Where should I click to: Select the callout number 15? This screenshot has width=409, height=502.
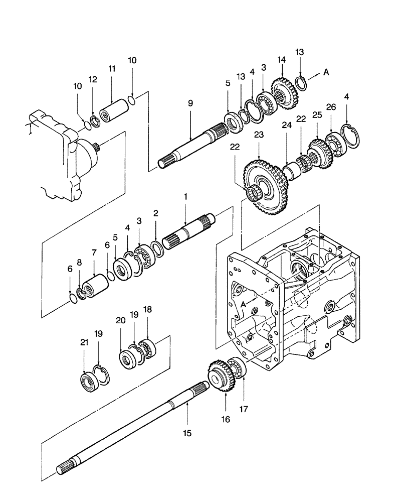tap(186, 432)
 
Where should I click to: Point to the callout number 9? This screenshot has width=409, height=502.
tap(190, 103)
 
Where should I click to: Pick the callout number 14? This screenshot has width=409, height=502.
tap(281, 59)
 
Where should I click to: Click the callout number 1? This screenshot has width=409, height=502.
tap(185, 198)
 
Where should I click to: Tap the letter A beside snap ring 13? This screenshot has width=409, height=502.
tap(326, 72)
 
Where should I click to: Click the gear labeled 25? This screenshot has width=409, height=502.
tap(318, 149)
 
